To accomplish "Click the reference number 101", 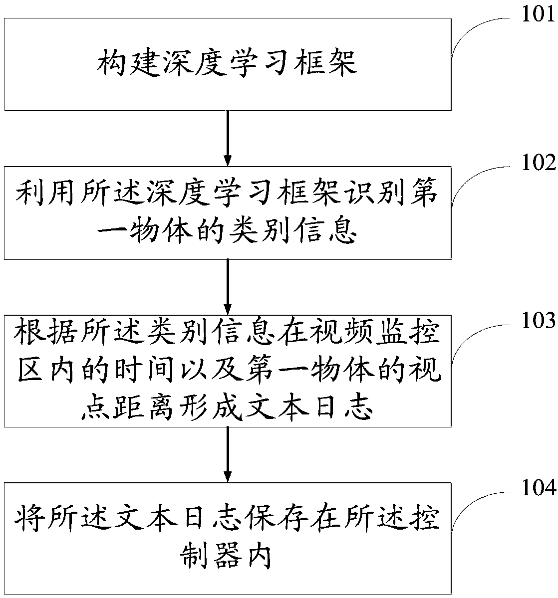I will [x=538, y=14].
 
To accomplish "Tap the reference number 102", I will [x=538, y=163].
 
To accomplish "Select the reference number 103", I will [x=538, y=320].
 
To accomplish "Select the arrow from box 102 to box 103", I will [x=228, y=286].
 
